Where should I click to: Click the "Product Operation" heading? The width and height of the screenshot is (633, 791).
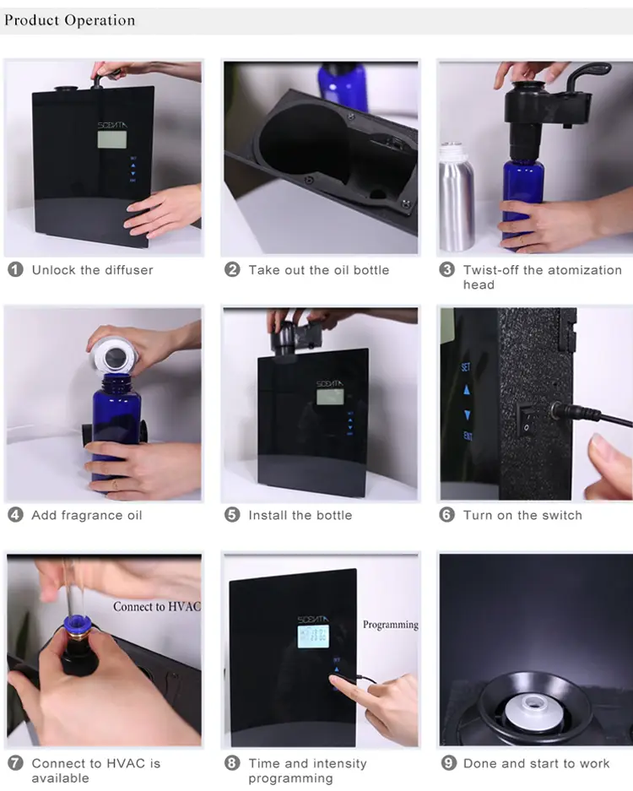[69, 20]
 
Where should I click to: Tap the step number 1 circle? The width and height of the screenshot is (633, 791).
[15, 269]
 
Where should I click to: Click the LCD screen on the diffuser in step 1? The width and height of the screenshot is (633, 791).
[112, 140]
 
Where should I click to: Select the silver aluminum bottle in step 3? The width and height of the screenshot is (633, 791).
[456, 197]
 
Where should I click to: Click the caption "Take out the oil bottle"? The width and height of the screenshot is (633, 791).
[319, 270]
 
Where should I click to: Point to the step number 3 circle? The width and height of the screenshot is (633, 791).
[446, 269]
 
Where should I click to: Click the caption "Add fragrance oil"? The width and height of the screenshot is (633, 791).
[87, 515]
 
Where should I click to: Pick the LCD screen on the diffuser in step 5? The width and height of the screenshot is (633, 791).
[330, 397]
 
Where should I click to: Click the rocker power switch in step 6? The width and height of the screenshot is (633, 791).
[526, 420]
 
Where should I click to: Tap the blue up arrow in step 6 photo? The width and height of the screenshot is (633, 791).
[467, 390]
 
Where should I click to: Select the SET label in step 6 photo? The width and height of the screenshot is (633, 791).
[466, 366]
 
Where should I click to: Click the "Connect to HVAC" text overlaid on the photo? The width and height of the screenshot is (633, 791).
[157, 606]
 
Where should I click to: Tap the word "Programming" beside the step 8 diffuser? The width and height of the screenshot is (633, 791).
[391, 625]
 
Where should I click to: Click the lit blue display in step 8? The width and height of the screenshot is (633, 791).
[313, 637]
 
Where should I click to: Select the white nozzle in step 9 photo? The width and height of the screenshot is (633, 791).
[531, 709]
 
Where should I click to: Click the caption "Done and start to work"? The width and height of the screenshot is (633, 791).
[536, 763]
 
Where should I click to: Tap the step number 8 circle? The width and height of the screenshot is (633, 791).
[232, 763]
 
